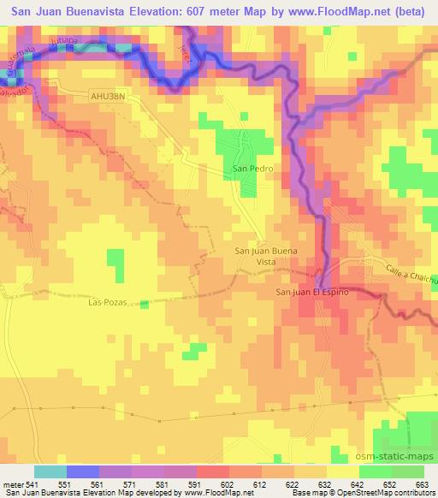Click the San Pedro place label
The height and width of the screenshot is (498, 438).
tap(253, 169)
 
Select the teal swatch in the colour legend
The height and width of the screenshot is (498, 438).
tap(50, 471)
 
